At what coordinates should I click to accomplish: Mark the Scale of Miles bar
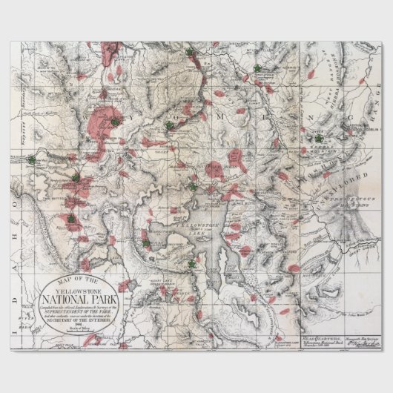(x=81, y=334)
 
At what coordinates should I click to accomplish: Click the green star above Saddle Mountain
(x=319, y=138)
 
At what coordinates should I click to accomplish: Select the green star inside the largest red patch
(x=115, y=122)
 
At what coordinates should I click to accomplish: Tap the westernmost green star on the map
(x=31, y=159)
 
